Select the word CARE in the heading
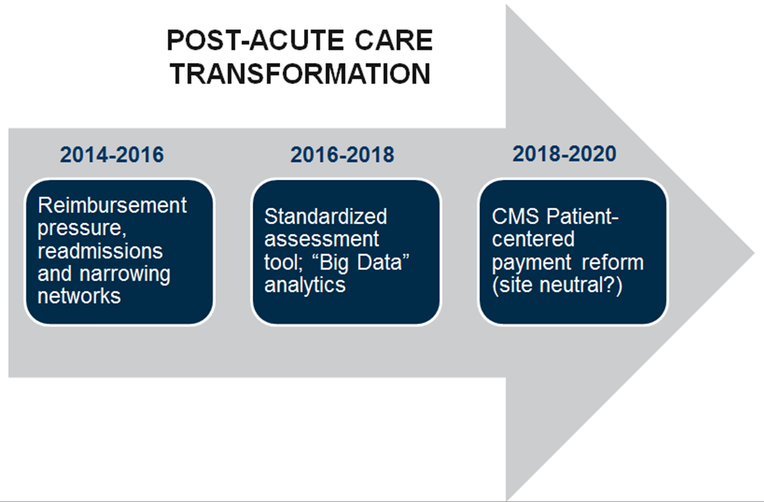tap(394, 40)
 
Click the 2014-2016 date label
tap(112, 155)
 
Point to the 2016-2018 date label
tap(342, 155)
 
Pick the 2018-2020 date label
tap(565, 153)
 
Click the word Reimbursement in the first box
tap(112, 205)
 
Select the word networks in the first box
tap(79, 296)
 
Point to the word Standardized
tap(325, 216)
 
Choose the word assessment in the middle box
tap(322, 239)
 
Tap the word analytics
tap(305, 285)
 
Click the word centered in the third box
tap(533, 238)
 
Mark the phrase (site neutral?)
tap(557, 285)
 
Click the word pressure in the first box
tap(82, 228)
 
